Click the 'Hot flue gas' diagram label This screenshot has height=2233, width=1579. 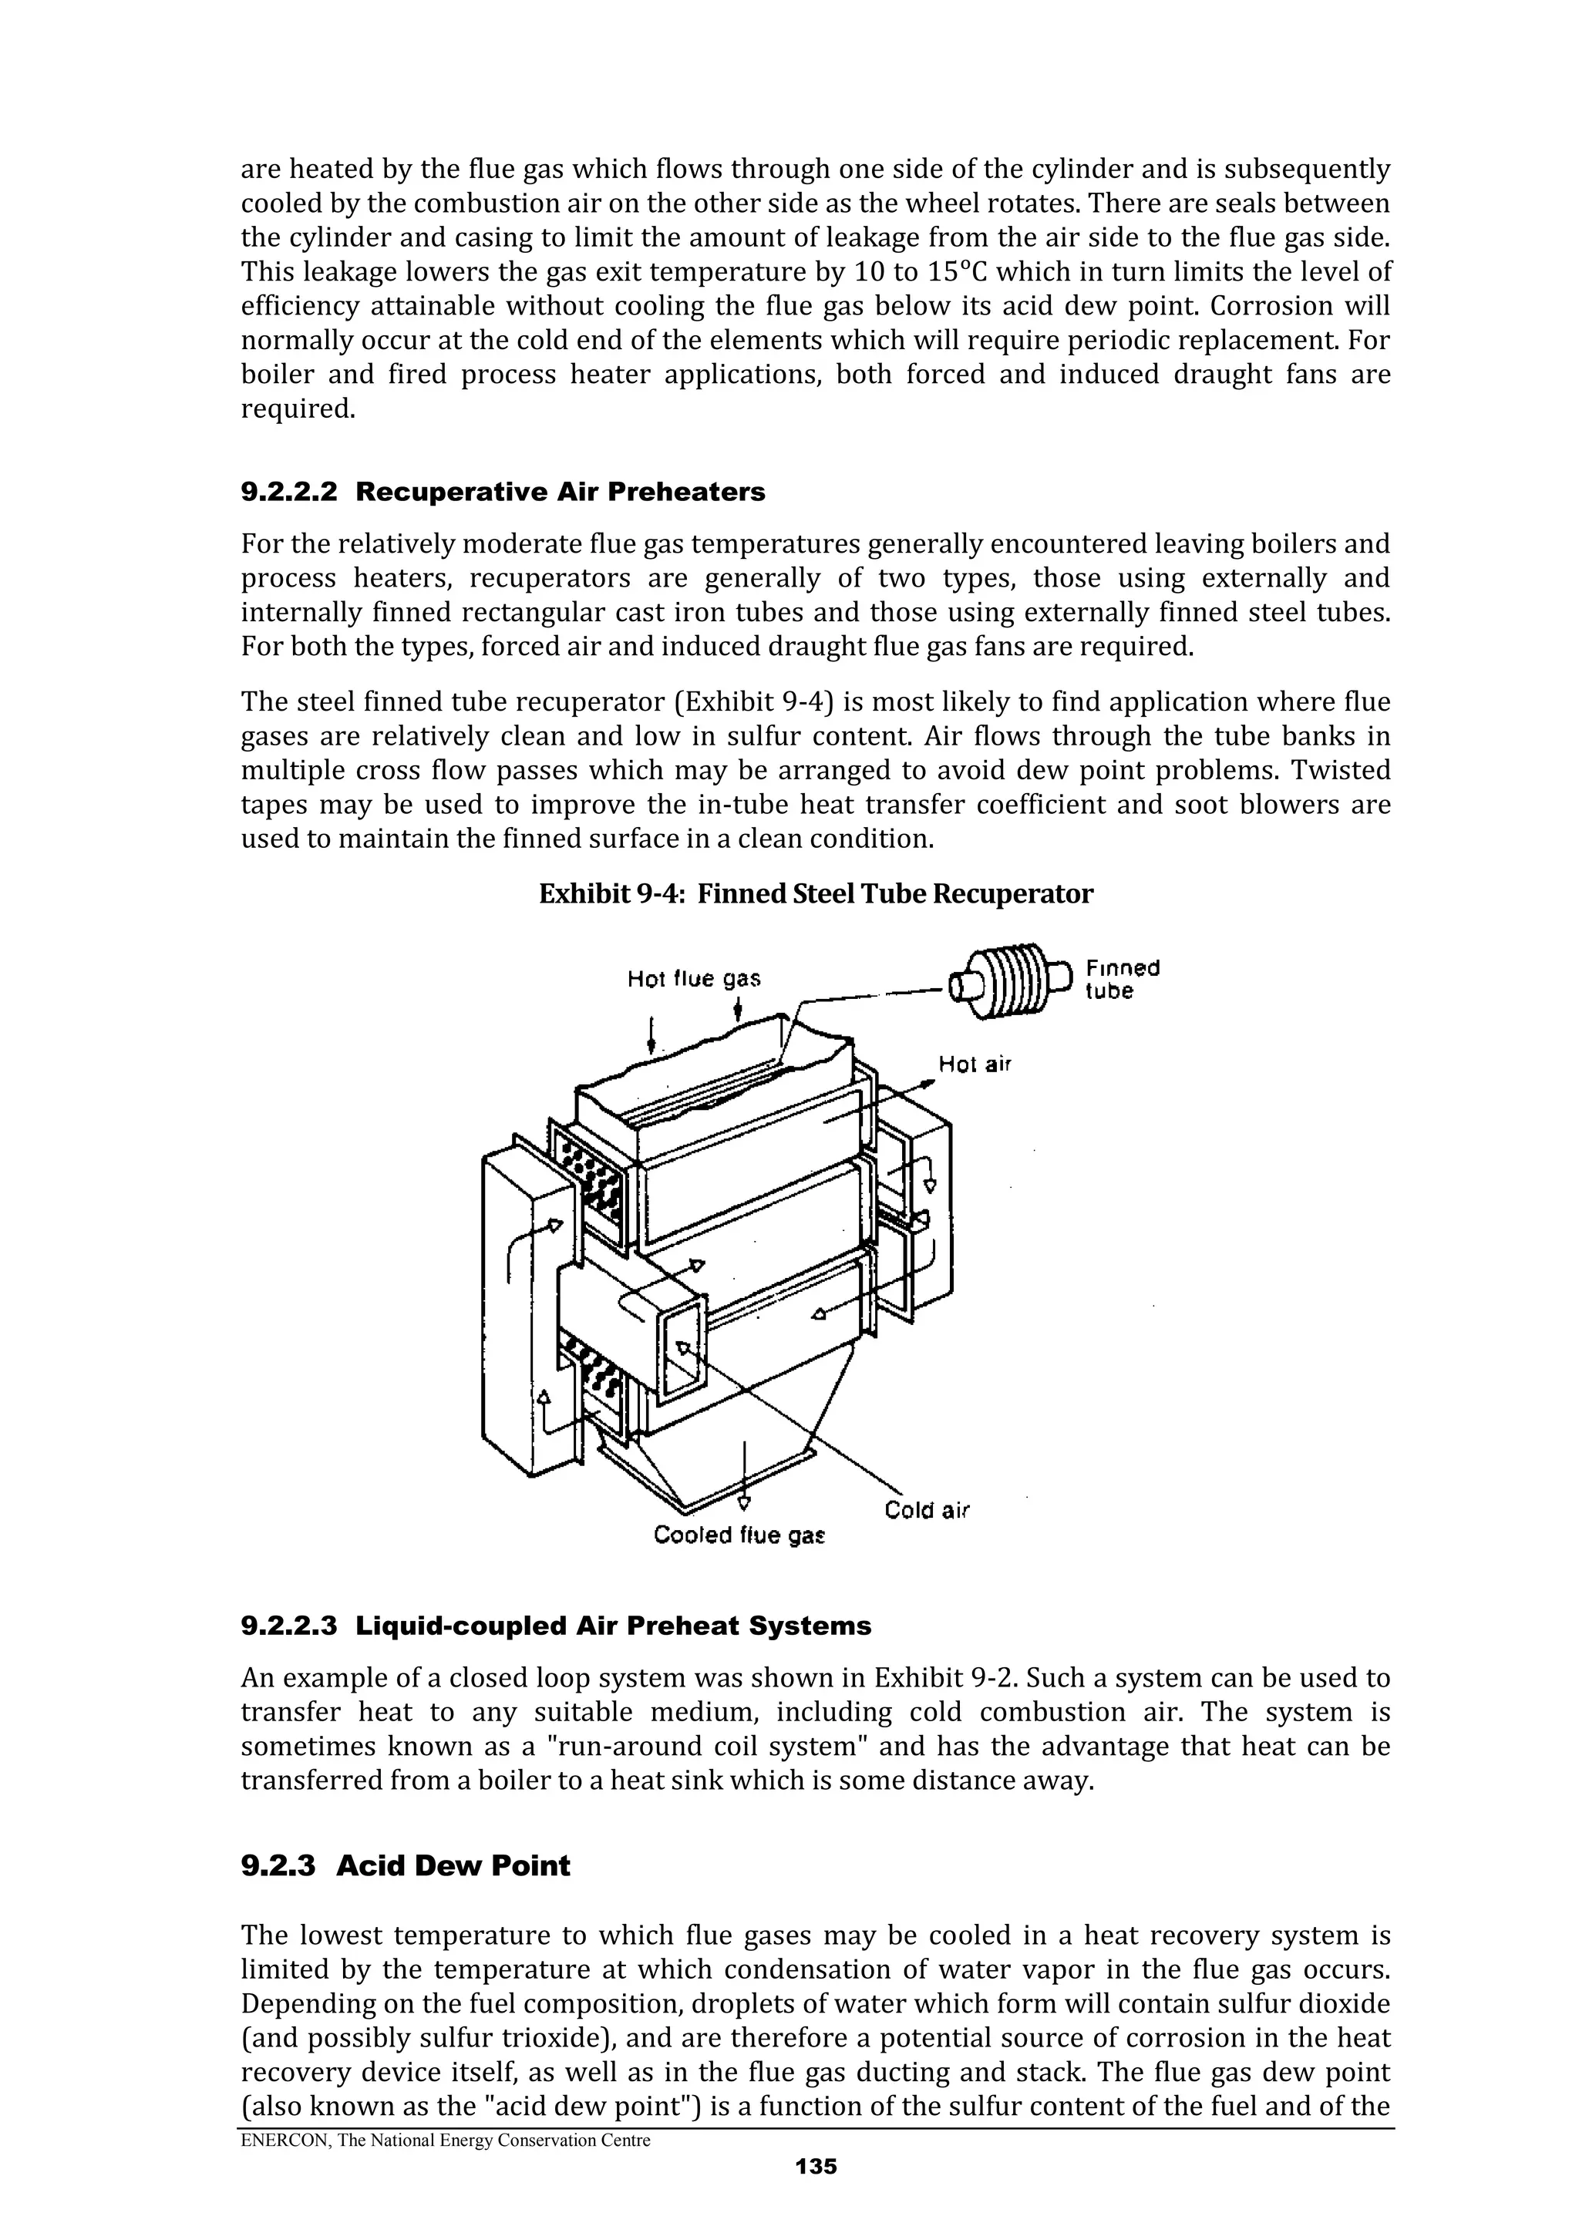(x=694, y=978)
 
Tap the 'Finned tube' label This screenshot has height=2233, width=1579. (x=1122, y=980)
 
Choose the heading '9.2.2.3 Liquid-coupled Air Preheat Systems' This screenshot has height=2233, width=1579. (x=556, y=1626)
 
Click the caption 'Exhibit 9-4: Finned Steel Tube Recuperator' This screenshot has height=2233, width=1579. (x=815, y=894)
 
